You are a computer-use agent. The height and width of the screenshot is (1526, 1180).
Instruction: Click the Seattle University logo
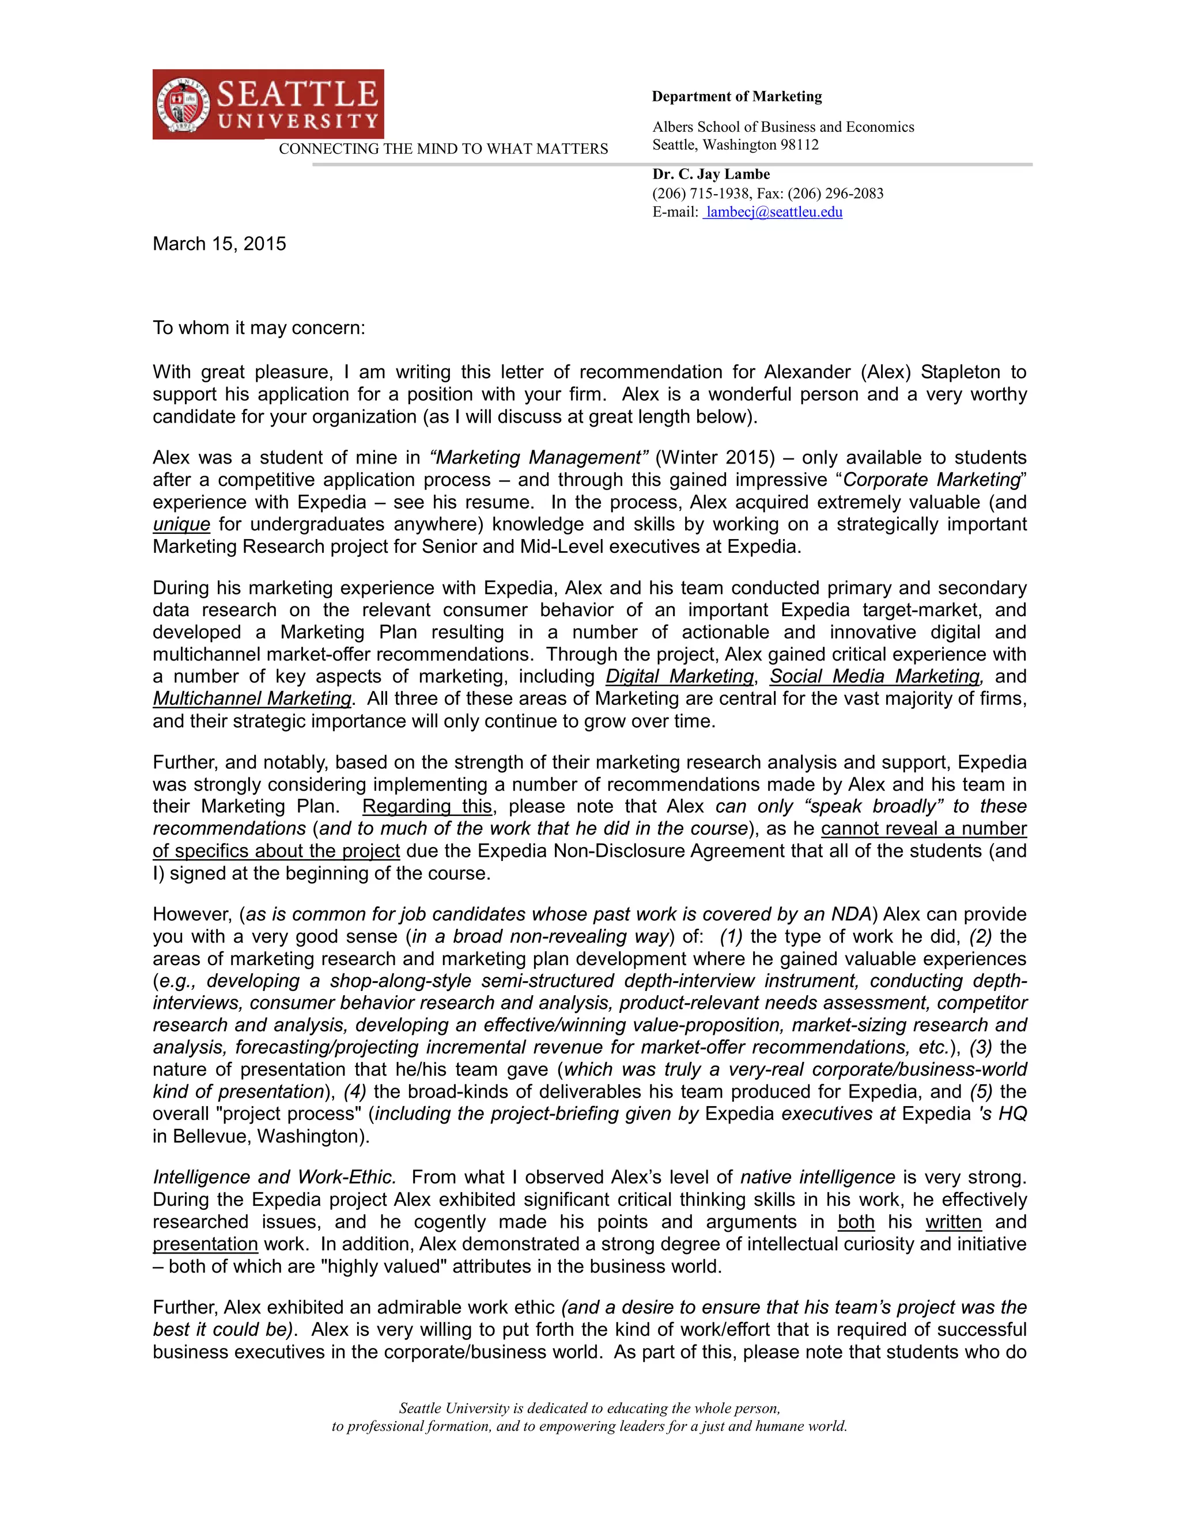[268, 104]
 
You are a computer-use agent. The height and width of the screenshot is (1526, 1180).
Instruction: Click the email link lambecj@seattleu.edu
[773, 212]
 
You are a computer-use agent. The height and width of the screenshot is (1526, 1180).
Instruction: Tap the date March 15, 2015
[220, 244]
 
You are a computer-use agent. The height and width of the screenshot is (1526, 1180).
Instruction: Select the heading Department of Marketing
[737, 96]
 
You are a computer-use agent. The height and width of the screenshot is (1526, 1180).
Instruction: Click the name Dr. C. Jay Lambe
[711, 174]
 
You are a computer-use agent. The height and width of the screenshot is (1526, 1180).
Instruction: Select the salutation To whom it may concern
[259, 328]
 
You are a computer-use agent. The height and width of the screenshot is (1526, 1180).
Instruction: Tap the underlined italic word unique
[181, 524]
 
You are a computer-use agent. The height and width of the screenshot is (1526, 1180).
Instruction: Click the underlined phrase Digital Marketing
[679, 677]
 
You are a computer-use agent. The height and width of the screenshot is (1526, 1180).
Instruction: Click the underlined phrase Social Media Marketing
[875, 677]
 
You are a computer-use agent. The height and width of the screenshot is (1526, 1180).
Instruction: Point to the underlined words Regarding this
[427, 806]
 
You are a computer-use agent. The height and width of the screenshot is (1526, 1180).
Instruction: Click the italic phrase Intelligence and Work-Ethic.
[275, 1178]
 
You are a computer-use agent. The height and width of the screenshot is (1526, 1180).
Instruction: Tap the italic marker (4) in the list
[355, 1091]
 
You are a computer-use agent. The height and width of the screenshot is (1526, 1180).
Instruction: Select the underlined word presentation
[206, 1244]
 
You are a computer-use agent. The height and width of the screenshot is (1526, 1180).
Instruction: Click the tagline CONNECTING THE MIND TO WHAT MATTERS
[443, 149]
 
